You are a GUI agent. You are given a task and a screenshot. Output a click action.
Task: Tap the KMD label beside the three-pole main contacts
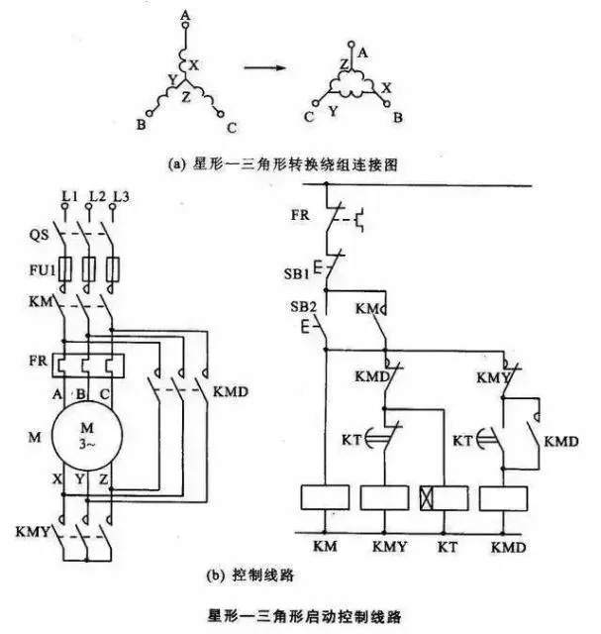click(x=230, y=392)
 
